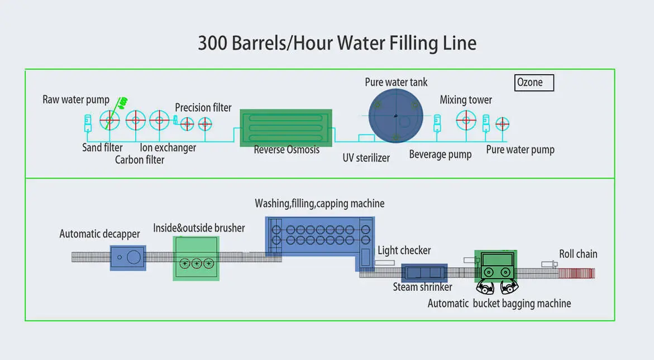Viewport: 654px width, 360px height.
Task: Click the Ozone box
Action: click(x=534, y=83)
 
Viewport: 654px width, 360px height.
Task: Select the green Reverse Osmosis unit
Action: click(x=287, y=127)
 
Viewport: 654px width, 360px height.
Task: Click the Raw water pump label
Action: click(x=76, y=100)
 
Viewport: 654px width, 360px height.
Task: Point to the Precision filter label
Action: click(x=203, y=107)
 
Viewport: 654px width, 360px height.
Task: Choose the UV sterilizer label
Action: click(x=366, y=158)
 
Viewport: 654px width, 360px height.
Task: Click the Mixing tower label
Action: click(x=466, y=100)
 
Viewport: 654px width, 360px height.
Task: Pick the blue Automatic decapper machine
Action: click(x=128, y=257)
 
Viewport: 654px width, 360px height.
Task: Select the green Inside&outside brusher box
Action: click(x=196, y=258)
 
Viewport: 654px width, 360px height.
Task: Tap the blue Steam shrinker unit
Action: click(x=424, y=272)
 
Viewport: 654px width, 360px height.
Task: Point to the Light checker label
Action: click(x=404, y=251)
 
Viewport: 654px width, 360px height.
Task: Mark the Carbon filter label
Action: click(x=140, y=160)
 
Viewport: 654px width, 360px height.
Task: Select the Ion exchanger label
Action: click(x=168, y=148)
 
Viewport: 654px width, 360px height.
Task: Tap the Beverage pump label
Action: click(x=440, y=155)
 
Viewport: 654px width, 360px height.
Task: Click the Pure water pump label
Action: click(x=520, y=150)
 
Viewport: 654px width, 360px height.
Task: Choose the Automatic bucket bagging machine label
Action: click(x=499, y=304)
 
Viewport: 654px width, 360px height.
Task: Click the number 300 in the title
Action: click(x=212, y=43)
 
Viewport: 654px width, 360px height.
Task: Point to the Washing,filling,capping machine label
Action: click(x=319, y=203)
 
